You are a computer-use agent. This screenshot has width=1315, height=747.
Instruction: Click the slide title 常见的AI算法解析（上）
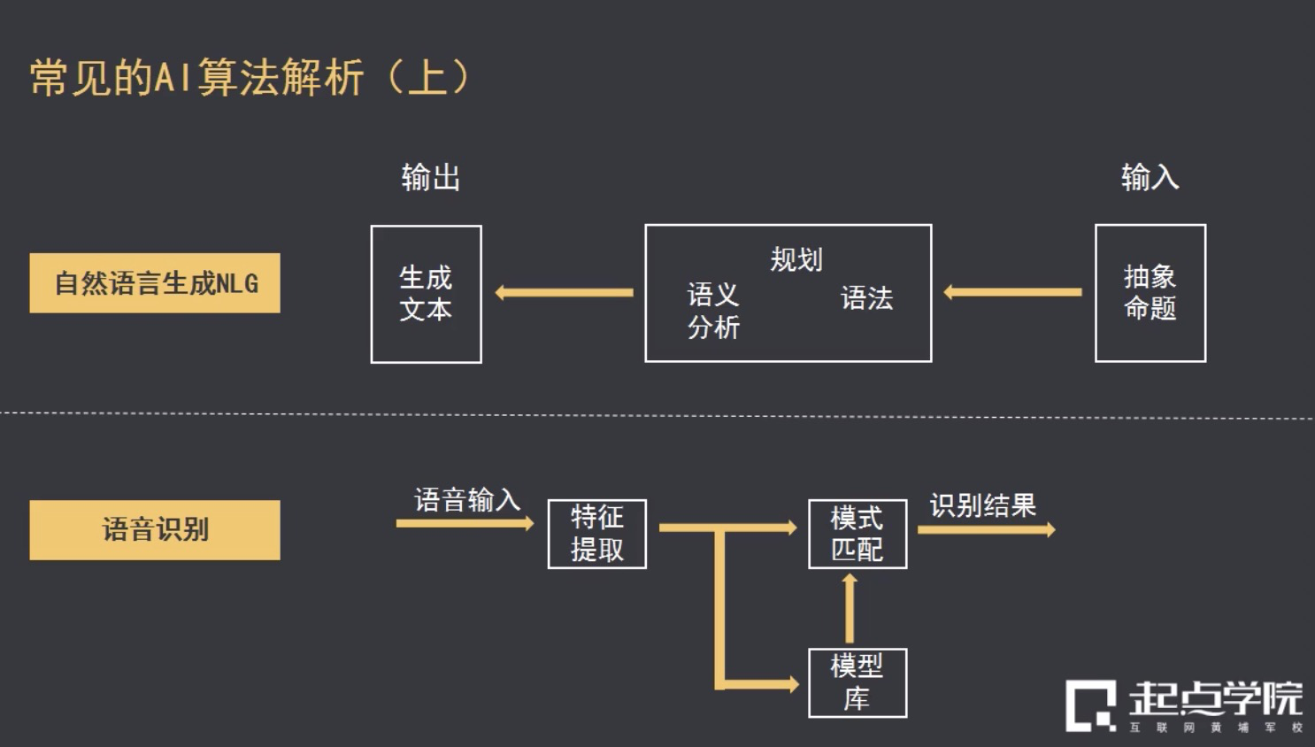click(250, 77)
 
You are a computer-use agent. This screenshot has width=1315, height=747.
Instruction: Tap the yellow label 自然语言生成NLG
click(155, 283)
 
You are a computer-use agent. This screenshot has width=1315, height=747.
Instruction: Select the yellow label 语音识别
click(155, 529)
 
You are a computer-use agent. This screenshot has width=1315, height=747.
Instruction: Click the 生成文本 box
click(426, 294)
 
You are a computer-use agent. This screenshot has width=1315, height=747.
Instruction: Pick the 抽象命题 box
click(1150, 293)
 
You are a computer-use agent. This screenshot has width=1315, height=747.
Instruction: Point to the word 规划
click(796, 259)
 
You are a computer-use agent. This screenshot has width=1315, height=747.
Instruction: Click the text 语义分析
click(713, 311)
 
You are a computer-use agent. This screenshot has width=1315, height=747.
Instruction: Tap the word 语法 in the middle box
click(866, 298)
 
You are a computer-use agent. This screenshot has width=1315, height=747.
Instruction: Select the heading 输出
click(430, 178)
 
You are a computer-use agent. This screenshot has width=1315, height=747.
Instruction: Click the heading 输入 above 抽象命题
click(1150, 177)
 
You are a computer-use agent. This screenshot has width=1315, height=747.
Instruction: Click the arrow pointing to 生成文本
click(564, 292)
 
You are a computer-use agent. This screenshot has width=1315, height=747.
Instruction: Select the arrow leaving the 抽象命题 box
click(1012, 292)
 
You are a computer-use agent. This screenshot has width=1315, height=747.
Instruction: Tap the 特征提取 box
click(597, 534)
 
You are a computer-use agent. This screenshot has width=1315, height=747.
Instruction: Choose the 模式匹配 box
click(857, 534)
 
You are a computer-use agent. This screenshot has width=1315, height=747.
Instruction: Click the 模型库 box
click(857, 682)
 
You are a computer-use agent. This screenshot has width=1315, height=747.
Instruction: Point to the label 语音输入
click(467, 500)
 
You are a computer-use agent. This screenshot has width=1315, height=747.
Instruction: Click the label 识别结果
click(982, 505)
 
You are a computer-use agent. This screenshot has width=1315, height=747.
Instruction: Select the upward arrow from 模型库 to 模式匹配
click(850, 608)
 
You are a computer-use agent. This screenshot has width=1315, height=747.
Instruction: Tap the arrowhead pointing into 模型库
click(789, 684)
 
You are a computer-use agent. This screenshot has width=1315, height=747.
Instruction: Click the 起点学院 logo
click(1184, 705)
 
